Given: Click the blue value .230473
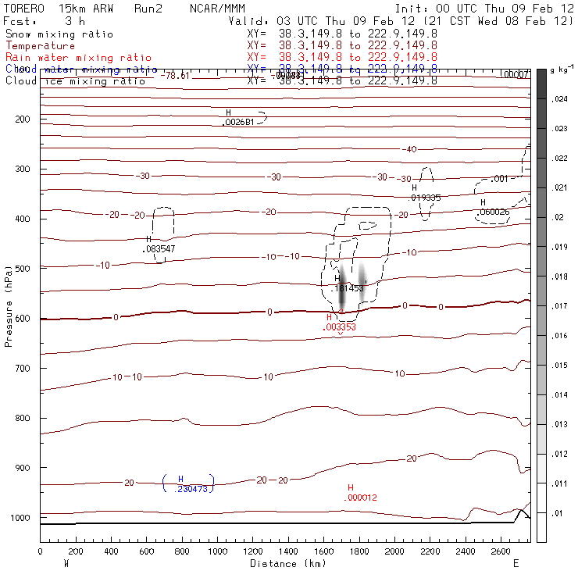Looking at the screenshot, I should (x=187, y=488).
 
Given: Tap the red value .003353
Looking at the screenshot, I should (x=340, y=327).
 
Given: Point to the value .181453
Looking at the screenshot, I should (x=348, y=288).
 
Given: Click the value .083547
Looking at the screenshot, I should (x=159, y=249).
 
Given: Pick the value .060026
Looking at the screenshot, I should (x=494, y=212).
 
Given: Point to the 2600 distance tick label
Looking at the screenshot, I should (x=501, y=552).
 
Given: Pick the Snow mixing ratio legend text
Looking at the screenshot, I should (x=59, y=34).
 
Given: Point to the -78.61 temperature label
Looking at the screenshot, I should (x=175, y=76).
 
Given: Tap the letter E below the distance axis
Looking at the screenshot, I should (x=516, y=563).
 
